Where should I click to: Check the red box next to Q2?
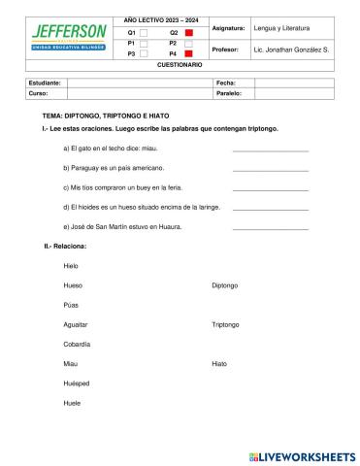tap(189, 33)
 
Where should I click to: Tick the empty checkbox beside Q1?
tap(144, 33)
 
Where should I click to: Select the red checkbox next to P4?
tap(189, 54)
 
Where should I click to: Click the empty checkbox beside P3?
tap(144, 54)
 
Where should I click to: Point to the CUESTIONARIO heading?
tap(180, 65)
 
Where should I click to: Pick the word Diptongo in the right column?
tap(224, 285)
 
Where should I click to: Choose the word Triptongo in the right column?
tap(225, 324)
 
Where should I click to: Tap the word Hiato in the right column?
tap(219, 363)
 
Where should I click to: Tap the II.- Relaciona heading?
tap(65, 246)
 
